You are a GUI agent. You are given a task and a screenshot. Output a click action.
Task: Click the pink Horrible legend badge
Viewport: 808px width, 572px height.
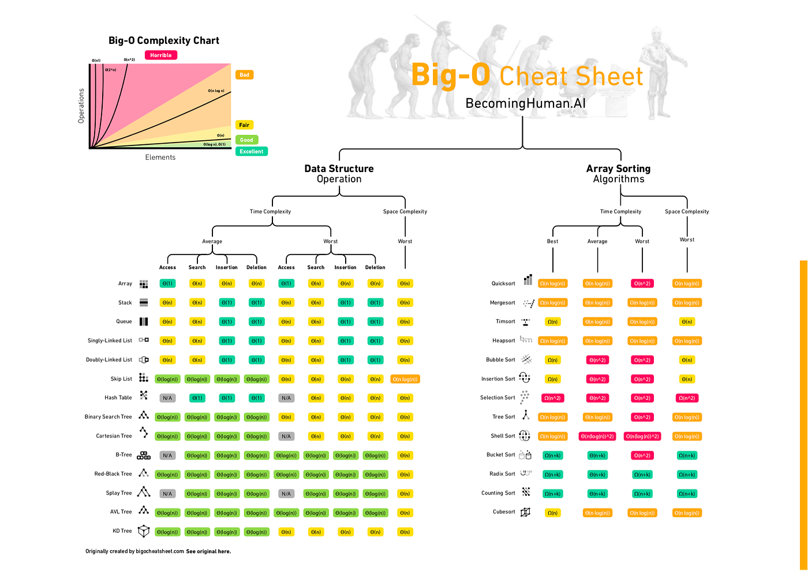pos(161,55)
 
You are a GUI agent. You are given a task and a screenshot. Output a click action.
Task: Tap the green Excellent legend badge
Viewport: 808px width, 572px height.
pos(252,151)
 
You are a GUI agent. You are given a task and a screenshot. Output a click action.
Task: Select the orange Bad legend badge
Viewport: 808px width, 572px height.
pos(244,75)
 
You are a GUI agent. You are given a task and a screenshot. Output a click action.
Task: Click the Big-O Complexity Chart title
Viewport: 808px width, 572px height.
pos(164,40)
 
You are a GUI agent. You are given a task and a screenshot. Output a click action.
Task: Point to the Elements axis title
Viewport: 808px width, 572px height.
pos(160,157)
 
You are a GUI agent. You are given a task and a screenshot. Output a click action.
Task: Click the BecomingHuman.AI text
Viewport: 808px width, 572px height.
pos(525,103)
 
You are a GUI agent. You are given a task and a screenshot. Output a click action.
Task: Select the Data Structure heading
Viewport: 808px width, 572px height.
pos(339,169)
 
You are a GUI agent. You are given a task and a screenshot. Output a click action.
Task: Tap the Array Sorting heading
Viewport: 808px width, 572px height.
pos(618,169)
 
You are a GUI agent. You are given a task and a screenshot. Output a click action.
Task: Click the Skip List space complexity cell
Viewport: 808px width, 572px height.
pos(405,379)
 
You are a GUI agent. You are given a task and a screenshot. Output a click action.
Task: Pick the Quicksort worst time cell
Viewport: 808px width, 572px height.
pos(642,283)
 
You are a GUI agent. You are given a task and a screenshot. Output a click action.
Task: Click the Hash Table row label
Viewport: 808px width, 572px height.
pos(118,398)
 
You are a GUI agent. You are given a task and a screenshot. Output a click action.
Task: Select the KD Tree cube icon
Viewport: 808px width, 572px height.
pos(144,531)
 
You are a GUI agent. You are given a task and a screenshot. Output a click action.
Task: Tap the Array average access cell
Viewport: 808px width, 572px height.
pos(167,283)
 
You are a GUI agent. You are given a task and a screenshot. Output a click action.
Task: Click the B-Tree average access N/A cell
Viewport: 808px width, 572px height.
pos(167,455)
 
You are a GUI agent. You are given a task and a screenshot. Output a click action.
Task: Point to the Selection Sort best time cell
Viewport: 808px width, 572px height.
pos(552,398)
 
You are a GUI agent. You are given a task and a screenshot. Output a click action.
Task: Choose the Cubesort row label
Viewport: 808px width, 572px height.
pos(504,512)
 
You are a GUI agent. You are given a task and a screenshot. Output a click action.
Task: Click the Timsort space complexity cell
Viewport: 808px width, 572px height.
pos(687,322)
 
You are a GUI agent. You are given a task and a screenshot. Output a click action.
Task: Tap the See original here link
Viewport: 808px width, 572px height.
pos(208,551)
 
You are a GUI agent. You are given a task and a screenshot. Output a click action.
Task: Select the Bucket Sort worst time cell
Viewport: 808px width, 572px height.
pos(642,455)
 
